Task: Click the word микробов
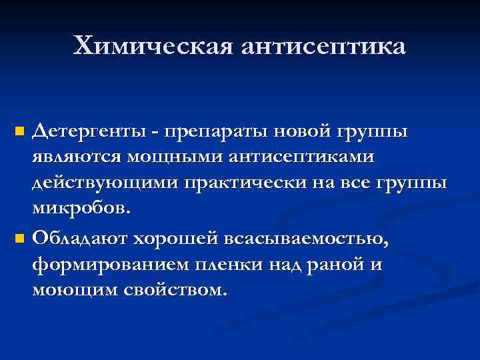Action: tap(82, 210)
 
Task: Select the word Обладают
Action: tap(80, 238)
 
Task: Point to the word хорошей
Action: tap(178, 238)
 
